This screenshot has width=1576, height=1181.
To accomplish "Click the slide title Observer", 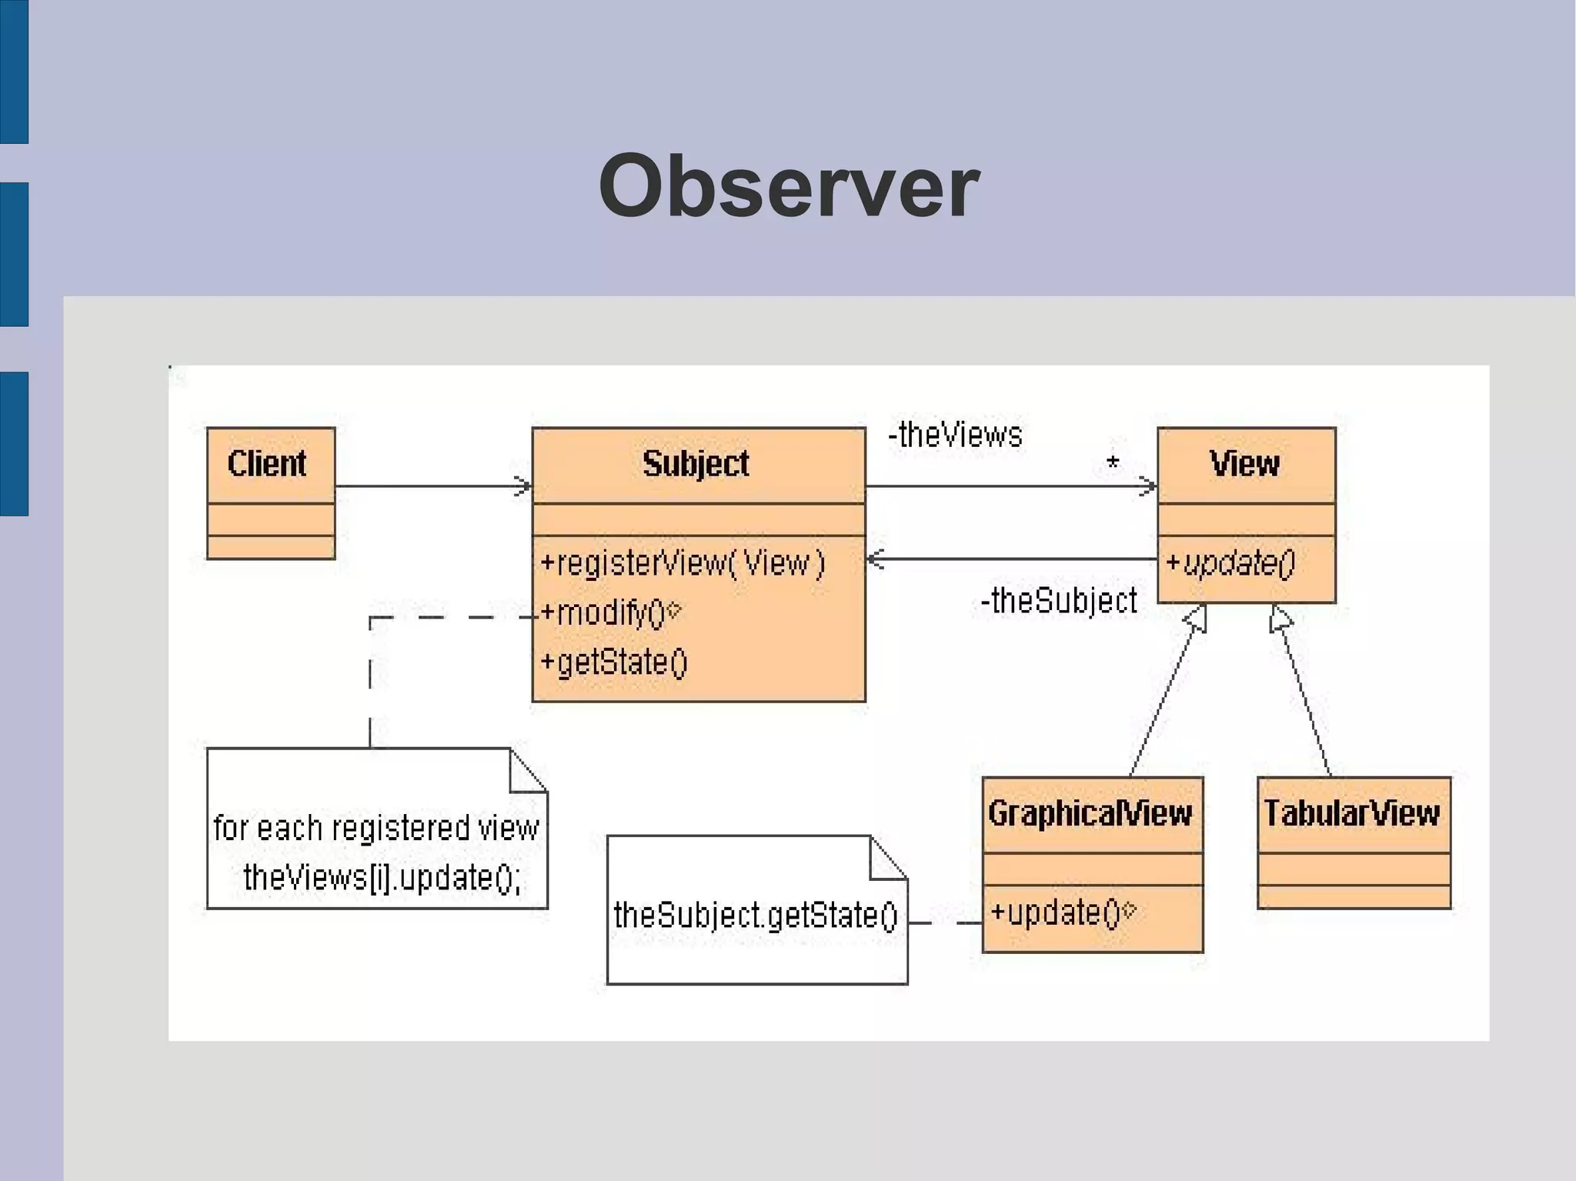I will (789, 187).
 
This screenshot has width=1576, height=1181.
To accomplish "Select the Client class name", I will (267, 464).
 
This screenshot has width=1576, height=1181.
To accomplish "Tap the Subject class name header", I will (696, 464).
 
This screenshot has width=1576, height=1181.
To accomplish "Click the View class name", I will (1244, 464).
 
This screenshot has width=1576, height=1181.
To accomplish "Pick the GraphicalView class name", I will (1090, 813).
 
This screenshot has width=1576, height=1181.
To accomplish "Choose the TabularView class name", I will (1351, 813).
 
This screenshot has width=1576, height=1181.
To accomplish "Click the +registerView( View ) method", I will (683, 563).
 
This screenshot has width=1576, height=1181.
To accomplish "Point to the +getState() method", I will (613, 662).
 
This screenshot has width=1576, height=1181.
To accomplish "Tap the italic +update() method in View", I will (1230, 563).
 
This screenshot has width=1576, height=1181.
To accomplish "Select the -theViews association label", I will (955, 435).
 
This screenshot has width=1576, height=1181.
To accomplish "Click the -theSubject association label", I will (1059, 601).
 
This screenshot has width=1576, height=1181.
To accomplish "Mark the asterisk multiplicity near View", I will (1113, 464).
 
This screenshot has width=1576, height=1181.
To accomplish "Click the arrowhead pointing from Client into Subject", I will (524, 486).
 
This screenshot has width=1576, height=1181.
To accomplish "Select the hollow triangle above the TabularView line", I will (1280, 619).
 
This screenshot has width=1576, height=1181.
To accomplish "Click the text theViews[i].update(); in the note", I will (382, 878).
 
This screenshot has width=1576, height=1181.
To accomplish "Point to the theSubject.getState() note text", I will (756, 916).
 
